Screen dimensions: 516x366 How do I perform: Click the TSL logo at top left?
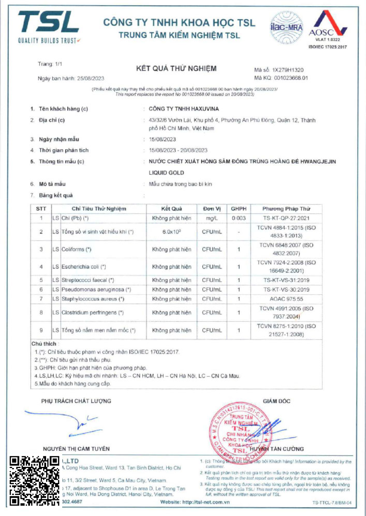pyautogui.click(x=49, y=27)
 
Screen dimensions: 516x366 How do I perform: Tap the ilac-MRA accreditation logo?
pyautogui.click(x=286, y=27)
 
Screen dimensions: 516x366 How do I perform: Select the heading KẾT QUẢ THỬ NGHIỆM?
pyautogui.click(x=176, y=69)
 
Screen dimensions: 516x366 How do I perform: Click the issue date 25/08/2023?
pyautogui.click(x=90, y=78)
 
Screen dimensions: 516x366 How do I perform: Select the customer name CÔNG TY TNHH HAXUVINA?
pyautogui.click(x=184, y=109)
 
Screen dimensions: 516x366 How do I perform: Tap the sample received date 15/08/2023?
pyautogui.click(x=163, y=139)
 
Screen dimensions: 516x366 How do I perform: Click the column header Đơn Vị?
pyautogui.click(x=212, y=209)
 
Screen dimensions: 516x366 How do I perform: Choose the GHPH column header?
pyautogui.click(x=239, y=209)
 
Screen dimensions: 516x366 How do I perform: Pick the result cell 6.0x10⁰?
pyautogui.click(x=172, y=232)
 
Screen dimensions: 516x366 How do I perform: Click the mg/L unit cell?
pyautogui.click(x=212, y=218)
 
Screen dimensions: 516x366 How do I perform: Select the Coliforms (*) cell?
pyautogui.click(x=76, y=249)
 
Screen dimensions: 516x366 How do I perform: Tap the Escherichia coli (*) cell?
pyautogui.click(x=84, y=267)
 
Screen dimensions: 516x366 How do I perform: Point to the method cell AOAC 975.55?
pyautogui.click(x=286, y=299)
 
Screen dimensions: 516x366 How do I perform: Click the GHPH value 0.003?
pyautogui.click(x=239, y=218)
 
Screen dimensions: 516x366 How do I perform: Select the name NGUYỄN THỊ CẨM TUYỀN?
pyautogui.click(x=76, y=449)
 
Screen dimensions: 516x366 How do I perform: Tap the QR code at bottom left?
pyautogui.click(x=34, y=481)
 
